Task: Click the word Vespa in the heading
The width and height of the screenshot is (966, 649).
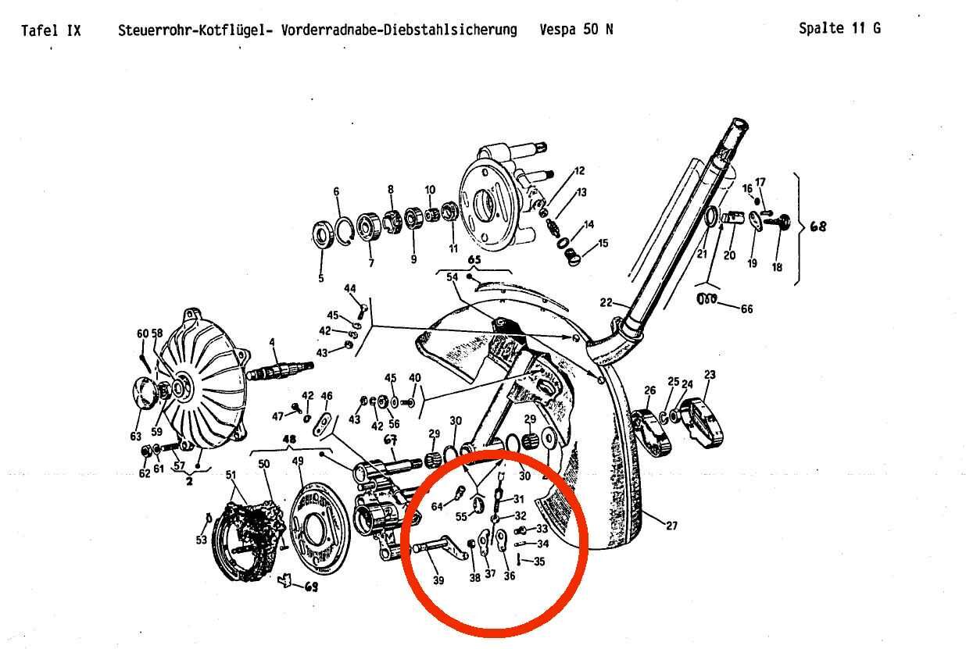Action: tap(557, 30)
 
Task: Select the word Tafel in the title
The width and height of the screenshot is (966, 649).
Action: tap(39, 30)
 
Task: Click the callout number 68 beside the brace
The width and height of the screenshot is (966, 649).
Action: tap(818, 226)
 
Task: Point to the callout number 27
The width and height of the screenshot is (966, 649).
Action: tap(671, 526)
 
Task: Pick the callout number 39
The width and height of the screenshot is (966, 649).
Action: tap(438, 580)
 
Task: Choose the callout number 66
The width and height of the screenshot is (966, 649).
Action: tap(747, 308)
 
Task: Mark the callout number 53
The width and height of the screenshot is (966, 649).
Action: tap(202, 540)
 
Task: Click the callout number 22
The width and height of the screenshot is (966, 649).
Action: tap(606, 302)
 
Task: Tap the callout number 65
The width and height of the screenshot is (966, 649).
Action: tap(474, 259)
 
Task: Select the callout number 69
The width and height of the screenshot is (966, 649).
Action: tap(312, 587)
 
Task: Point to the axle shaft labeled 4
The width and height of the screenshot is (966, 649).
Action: tap(280, 370)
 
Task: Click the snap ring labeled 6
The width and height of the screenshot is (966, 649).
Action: tap(345, 232)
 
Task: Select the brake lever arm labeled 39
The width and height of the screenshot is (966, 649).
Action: tap(440, 547)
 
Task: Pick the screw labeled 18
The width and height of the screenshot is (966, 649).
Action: tap(779, 222)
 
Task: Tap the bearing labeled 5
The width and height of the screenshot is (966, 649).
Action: tap(322, 235)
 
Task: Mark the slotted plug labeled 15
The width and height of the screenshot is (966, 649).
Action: tap(573, 257)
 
